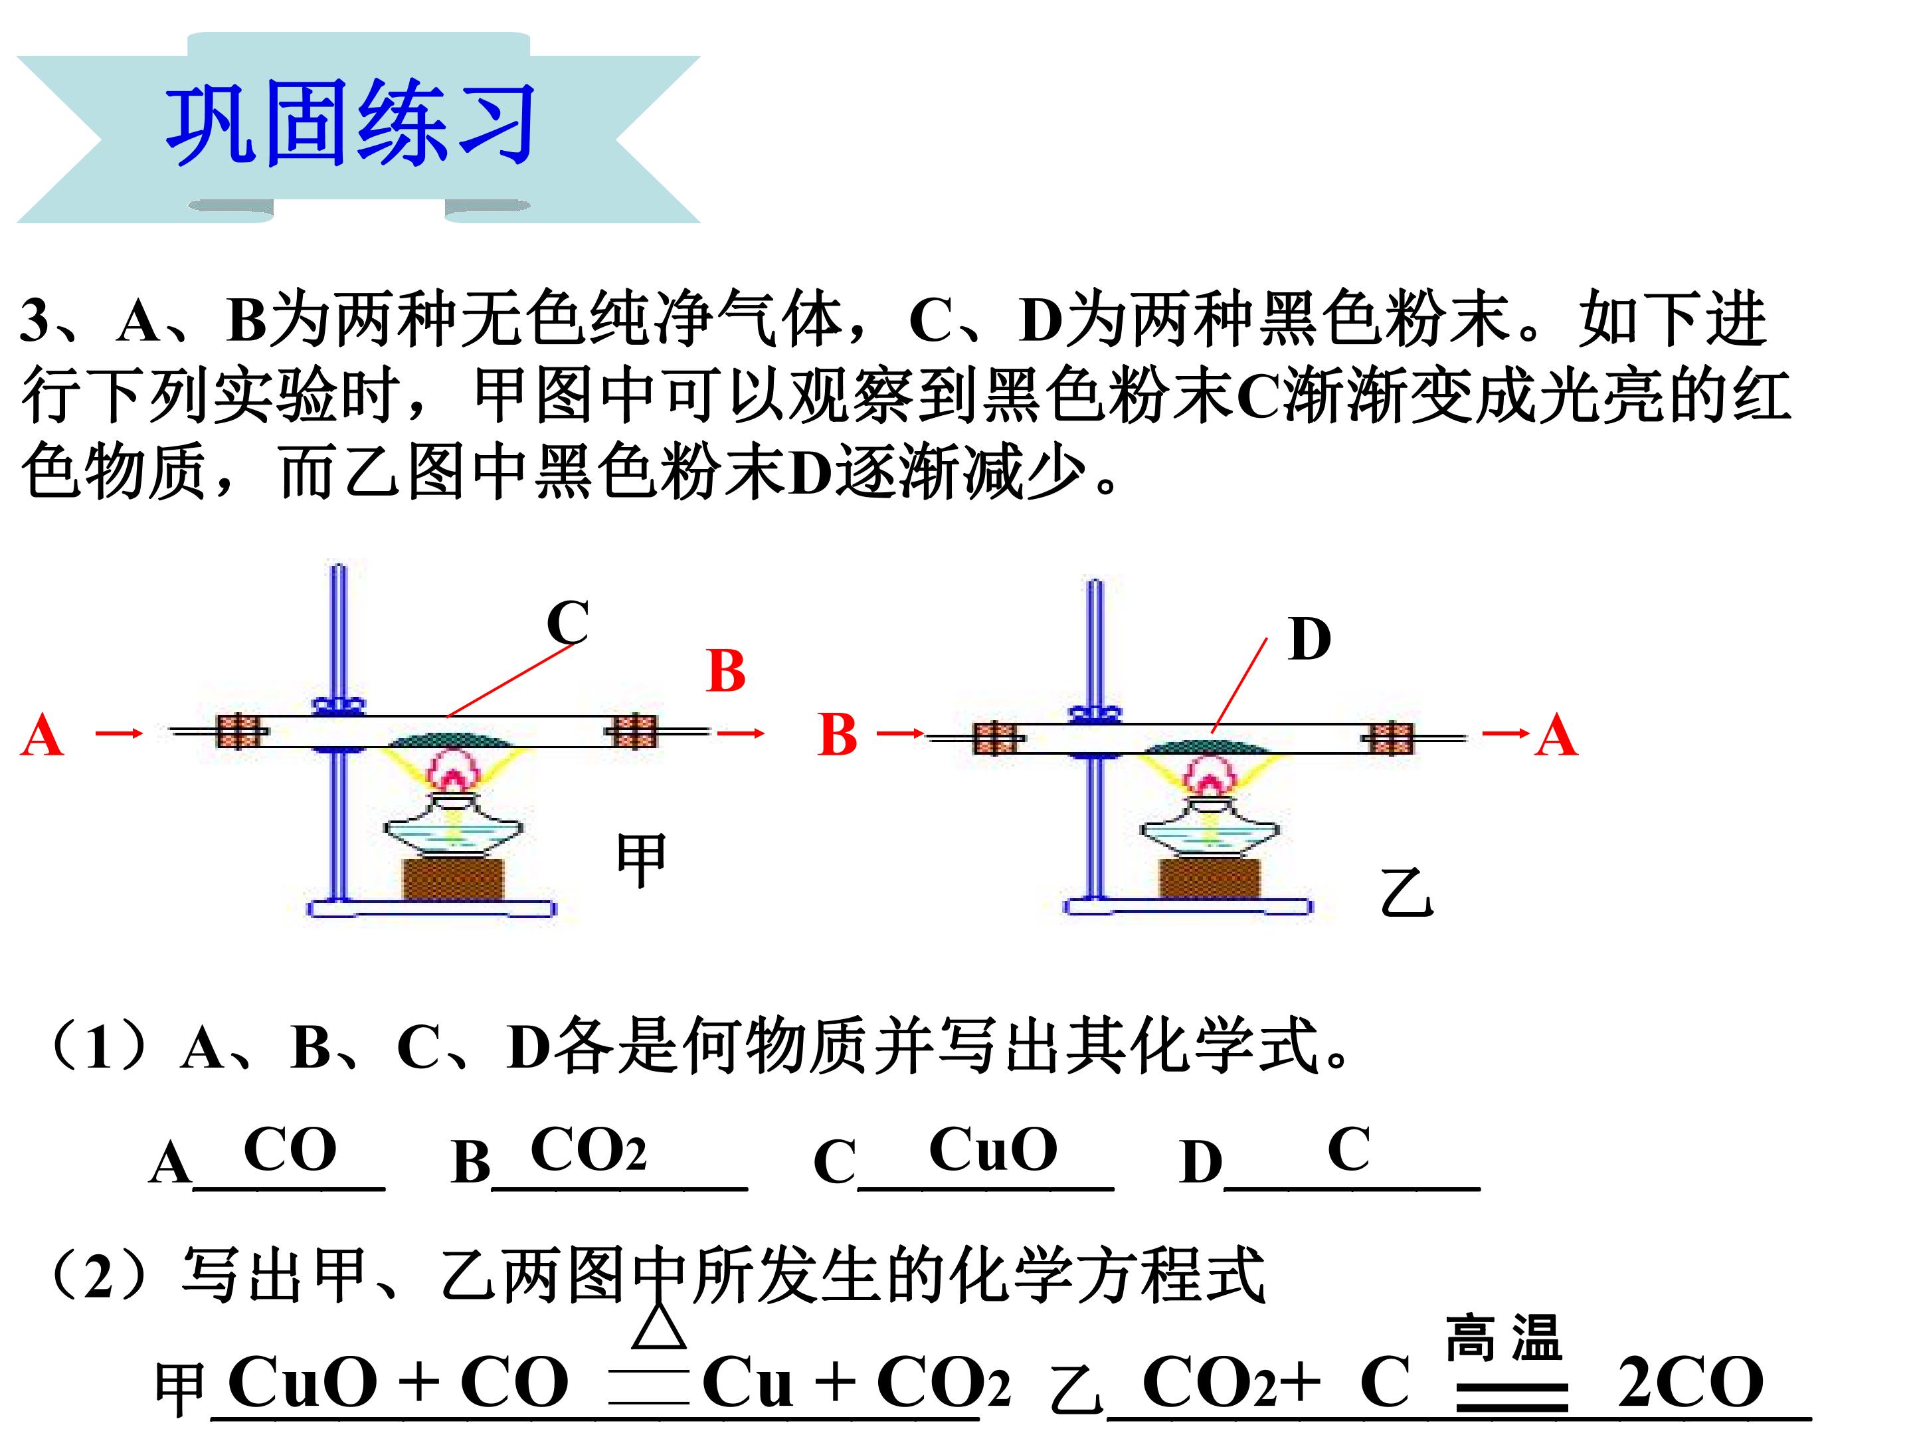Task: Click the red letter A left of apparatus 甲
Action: [x=41, y=735]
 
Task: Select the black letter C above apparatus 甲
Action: [x=568, y=622]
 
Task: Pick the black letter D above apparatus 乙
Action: [x=1309, y=639]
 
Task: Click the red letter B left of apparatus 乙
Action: [x=837, y=735]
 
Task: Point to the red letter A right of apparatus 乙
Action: [x=1557, y=735]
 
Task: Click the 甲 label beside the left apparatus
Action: [x=641, y=860]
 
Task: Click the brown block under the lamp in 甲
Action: [x=453, y=879]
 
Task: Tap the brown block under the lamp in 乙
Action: [x=1209, y=878]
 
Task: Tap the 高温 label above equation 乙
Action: [x=1504, y=1337]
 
